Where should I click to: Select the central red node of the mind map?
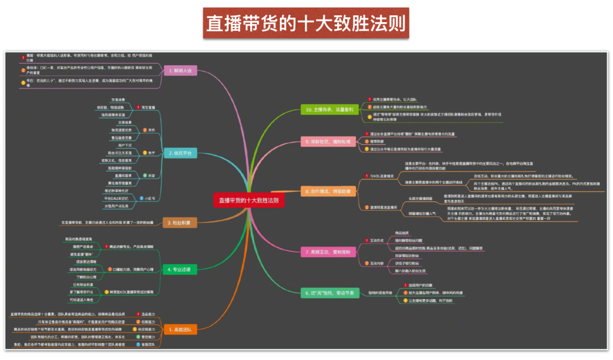(x=249, y=200)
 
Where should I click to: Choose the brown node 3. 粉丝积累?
(x=179, y=222)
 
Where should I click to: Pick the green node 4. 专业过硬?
(x=179, y=268)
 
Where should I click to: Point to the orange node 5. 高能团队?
(x=179, y=329)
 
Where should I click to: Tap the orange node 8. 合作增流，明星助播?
(x=329, y=191)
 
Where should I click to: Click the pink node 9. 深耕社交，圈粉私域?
(x=328, y=141)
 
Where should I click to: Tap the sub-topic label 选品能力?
(x=148, y=313)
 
